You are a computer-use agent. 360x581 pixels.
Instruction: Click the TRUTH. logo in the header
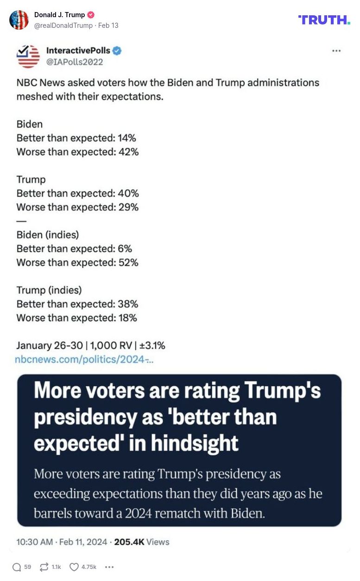[x=324, y=19]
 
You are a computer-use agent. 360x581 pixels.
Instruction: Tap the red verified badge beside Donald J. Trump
[x=91, y=15]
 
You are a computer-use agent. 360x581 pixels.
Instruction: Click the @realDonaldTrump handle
[x=63, y=26]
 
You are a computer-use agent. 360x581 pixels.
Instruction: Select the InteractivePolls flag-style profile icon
[x=28, y=57]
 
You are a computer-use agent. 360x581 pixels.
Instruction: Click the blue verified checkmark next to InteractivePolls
[x=117, y=51]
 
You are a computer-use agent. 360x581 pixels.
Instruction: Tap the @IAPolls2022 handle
[x=75, y=62]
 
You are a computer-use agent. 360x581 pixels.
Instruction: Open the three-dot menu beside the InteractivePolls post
[x=336, y=51]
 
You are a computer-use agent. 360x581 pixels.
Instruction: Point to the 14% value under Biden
[x=127, y=138]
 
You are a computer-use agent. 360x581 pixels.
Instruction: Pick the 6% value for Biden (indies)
[x=125, y=249]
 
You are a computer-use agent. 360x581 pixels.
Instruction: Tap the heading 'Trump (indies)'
[x=49, y=290]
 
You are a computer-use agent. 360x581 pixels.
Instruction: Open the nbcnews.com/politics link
[x=84, y=359]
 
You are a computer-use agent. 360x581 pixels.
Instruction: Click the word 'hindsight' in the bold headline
[x=198, y=443]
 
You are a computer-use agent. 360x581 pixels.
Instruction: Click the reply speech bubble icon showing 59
[x=17, y=567]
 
